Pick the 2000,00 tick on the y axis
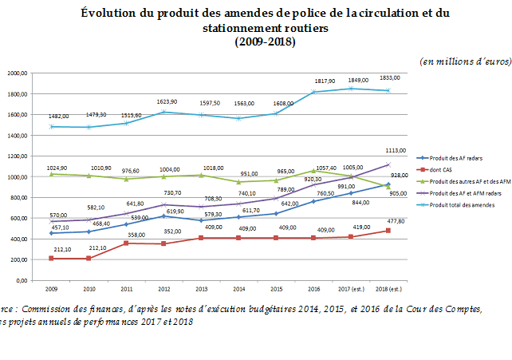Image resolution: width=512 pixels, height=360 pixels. point(18,73)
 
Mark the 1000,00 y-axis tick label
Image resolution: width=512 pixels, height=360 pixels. point(18,176)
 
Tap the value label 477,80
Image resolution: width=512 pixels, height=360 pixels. point(397,222)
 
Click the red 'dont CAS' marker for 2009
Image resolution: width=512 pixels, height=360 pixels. point(51,259)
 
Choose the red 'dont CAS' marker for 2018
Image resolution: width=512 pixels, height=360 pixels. point(388,231)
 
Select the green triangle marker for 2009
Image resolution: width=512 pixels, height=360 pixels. point(51,174)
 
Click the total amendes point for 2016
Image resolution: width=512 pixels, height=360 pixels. point(313,92)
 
